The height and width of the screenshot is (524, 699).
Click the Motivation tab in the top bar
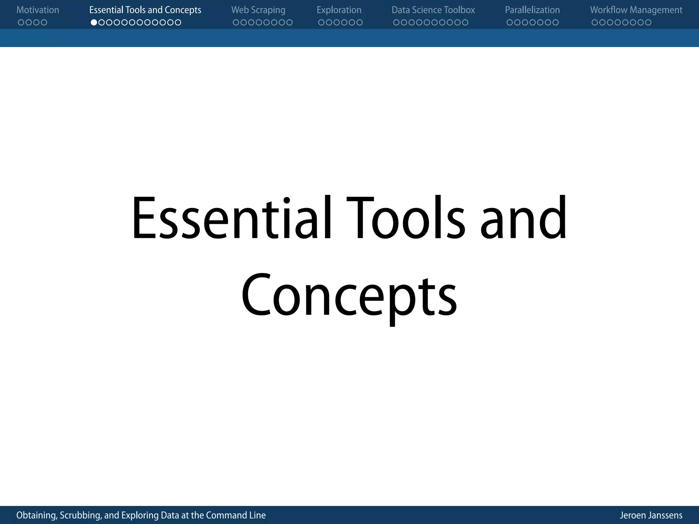[38, 10]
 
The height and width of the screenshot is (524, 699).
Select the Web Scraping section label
[258, 10]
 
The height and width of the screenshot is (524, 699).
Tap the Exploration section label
[339, 10]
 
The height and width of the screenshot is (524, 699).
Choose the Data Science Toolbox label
[433, 10]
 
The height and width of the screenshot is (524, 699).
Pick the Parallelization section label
[532, 10]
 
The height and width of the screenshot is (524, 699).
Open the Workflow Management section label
[636, 10]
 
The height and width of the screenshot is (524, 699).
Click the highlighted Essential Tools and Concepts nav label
[145, 10]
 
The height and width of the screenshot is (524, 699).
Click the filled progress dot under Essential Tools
[94, 23]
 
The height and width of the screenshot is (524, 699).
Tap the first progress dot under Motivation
[21, 23]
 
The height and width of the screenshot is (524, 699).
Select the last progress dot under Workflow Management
[648, 23]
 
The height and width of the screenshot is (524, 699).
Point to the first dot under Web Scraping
[236, 23]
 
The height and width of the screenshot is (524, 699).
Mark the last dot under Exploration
[359, 23]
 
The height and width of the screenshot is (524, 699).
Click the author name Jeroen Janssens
[651, 515]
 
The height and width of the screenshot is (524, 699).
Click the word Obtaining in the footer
[36, 515]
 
